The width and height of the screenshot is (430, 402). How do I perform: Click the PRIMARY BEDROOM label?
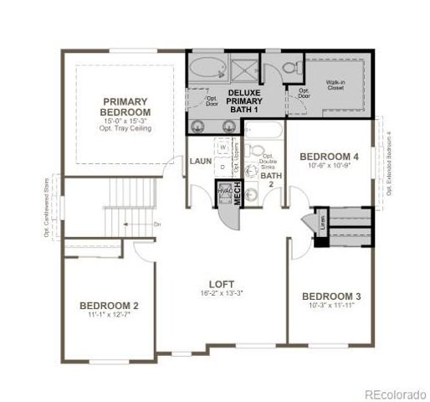(x=125, y=105)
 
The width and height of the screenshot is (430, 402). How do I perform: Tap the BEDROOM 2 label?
(x=110, y=305)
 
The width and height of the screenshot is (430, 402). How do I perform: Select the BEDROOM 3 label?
(x=331, y=296)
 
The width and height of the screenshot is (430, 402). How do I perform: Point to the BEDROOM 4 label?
(x=330, y=156)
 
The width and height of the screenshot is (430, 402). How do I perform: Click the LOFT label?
(x=222, y=283)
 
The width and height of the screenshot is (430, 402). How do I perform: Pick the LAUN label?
(x=199, y=161)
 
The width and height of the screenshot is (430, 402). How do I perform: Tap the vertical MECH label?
(x=238, y=193)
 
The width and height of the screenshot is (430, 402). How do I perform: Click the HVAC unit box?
(x=223, y=192)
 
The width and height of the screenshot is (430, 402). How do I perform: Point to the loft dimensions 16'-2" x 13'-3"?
(x=222, y=293)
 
